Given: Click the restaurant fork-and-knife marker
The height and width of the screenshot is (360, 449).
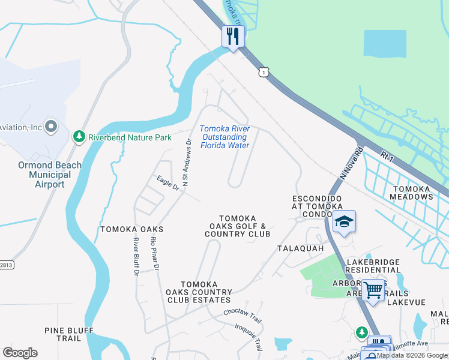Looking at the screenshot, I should pos(232,36).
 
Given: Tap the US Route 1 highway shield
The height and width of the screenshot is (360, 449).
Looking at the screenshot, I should pos(263,72).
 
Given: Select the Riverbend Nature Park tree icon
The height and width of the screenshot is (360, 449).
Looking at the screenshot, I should pos(79,137).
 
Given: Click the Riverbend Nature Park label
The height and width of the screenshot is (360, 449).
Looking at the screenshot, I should pos(130,137).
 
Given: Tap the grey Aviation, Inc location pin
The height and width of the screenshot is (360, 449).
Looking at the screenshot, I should pos(50,127).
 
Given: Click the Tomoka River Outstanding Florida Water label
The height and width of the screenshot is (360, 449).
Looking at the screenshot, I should pos(224,137).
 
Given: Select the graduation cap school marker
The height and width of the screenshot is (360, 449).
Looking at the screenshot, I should pos(344,221).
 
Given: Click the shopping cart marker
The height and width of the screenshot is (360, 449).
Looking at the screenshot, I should pos(373,290).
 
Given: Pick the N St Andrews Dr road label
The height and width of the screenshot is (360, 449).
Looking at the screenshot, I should pos(187,163).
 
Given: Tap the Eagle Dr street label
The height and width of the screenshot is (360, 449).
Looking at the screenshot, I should pos(168,183).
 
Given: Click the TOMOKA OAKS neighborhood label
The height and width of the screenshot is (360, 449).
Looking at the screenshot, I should pos(132,229).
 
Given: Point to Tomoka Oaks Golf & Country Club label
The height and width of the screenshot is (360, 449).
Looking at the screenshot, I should pos(237,226).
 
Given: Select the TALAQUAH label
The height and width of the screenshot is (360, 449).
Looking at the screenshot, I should pos(301,248).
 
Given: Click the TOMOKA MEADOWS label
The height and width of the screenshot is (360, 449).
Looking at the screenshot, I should pos(411,193).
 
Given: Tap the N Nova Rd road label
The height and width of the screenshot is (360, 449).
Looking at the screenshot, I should pos(351,163).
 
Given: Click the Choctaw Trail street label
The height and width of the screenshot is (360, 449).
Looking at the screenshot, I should pos(243,313).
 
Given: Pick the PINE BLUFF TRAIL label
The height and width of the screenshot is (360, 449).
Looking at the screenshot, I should pos(69,334).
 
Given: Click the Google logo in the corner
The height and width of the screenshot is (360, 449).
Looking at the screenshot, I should pos(20,353).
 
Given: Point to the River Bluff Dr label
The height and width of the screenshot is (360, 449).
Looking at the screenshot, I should pos(136,256).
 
